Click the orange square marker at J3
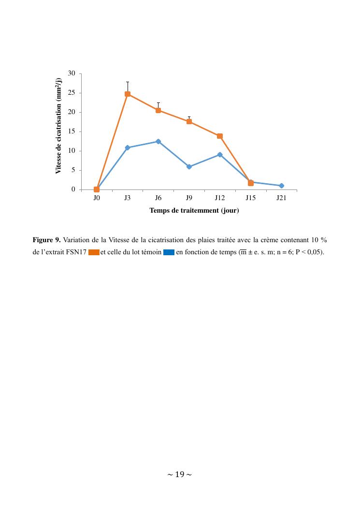(x=128, y=94)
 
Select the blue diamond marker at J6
(x=158, y=141)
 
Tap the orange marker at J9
(x=189, y=121)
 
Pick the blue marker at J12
(x=220, y=155)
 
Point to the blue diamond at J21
(x=281, y=186)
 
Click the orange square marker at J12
(x=220, y=136)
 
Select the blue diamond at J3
(x=128, y=147)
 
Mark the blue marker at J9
(x=189, y=167)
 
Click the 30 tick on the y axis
(x=72, y=73)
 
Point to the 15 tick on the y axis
(x=72, y=131)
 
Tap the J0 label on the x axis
(x=97, y=198)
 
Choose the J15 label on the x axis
(x=250, y=198)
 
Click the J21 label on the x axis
(x=281, y=198)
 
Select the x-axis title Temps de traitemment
(x=194, y=210)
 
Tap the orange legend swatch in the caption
(x=94, y=252)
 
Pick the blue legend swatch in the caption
(x=169, y=252)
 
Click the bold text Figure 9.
(x=46, y=240)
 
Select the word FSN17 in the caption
(x=76, y=252)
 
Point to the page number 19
(x=180, y=475)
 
